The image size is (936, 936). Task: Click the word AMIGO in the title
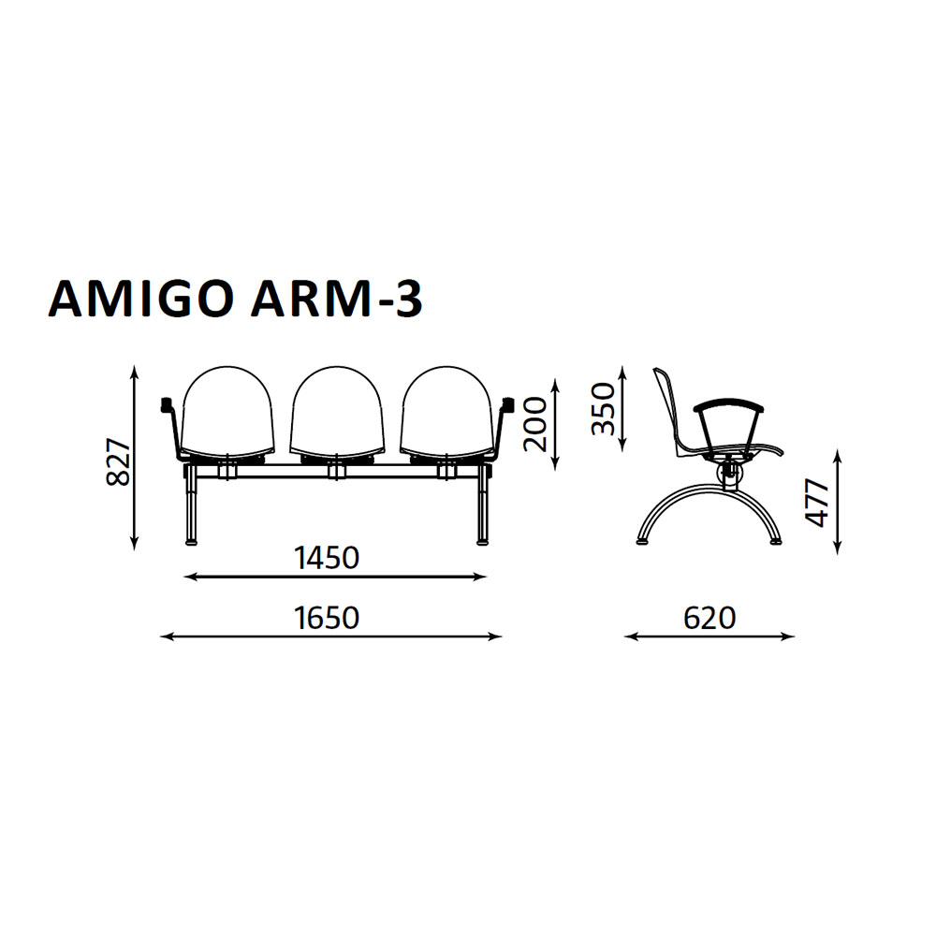pyautogui.click(x=141, y=300)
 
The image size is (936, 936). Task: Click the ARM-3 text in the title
pyautogui.click(x=337, y=300)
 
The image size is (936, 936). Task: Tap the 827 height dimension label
pyautogui.click(x=118, y=462)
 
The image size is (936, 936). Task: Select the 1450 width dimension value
pyautogui.click(x=327, y=558)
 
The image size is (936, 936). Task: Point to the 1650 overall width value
pyautogui.click(x=327, y=618)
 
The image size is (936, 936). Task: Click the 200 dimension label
pyautogui.click(x=534, y=424)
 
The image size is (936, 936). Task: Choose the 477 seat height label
pyautogui.click(x=817, y=502)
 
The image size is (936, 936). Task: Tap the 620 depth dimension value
pyautogui.click(x=709, y=618)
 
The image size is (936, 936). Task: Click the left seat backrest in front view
pyautogui.click(x=227, y=412)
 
